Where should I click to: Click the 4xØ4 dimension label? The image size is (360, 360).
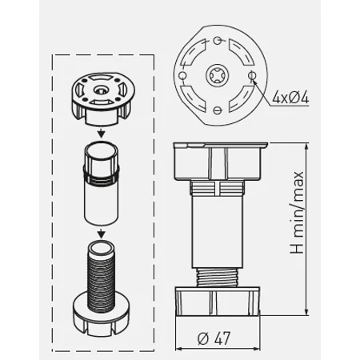(290, 98)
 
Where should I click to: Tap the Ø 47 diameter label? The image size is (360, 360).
(214, 338)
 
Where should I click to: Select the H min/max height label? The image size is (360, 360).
(297, 212)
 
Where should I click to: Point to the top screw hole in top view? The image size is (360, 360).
(218, 40)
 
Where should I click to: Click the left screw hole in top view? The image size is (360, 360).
(182, 76)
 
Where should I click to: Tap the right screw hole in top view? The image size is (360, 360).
(251, 76)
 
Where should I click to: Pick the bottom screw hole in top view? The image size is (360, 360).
(218, 110)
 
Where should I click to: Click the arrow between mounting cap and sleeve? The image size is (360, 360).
(101, 133)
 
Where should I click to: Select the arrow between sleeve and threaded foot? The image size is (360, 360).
(101, 233)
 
